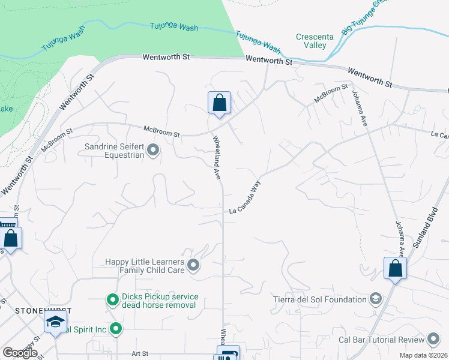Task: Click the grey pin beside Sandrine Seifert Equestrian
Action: [x=153, y=150]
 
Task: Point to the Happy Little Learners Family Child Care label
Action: [x=144, y=266]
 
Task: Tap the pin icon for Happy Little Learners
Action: [x=193, y=265]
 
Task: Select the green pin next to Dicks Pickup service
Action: [x=112, y=299]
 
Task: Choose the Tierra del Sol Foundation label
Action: [x=328, y=299]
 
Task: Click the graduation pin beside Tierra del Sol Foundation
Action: [x=376, y=299]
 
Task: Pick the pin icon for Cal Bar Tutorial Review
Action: [x=433, y=340]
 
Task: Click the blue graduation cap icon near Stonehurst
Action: [x=55, y=322]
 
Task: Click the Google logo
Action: [x=20, y=353]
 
